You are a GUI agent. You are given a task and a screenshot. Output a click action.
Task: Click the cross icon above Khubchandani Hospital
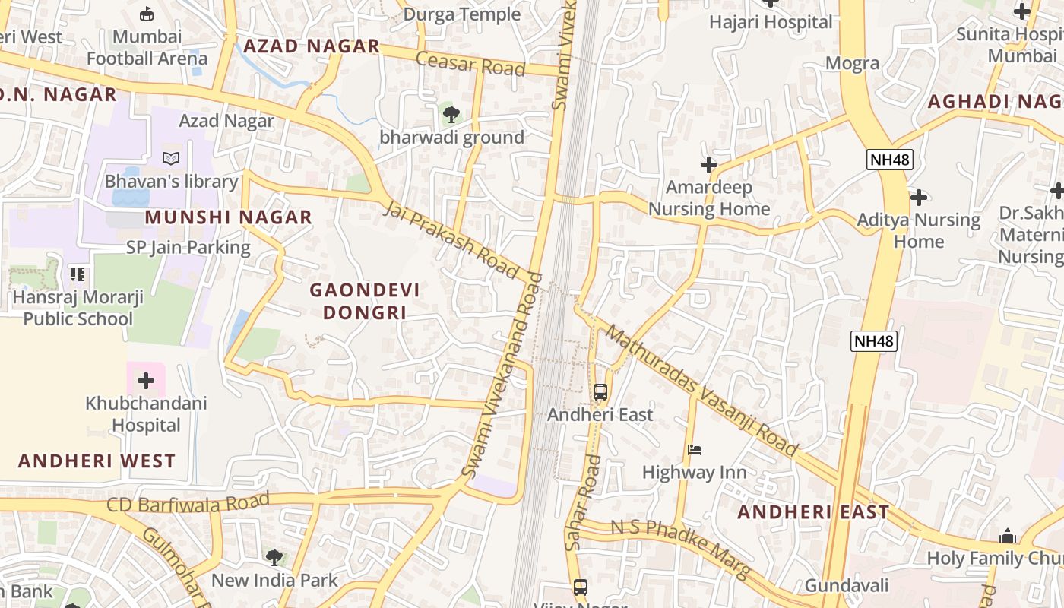[145, 381]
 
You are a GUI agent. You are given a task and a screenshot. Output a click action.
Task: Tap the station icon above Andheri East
[600, 392]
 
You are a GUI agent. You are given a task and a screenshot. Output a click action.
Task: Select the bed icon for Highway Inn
[695, 450]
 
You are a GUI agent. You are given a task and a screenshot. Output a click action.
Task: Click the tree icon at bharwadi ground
[451, 115]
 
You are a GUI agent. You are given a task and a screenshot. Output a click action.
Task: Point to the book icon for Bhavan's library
[172, 159]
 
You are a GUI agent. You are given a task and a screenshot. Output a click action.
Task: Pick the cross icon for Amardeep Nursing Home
[709, 165]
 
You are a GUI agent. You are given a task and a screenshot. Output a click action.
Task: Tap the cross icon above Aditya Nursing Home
[919, 198]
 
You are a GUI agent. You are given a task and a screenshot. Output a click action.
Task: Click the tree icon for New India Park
[274, 558]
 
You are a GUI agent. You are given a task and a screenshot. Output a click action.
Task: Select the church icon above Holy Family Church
[1008, 536]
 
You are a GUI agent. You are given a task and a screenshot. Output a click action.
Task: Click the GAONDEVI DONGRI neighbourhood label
[364, 301]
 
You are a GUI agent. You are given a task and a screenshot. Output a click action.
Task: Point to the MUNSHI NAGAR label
[229, 217]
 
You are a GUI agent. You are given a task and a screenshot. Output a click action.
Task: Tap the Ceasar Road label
[470, 64]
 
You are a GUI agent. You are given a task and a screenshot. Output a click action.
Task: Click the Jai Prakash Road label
[451, 239]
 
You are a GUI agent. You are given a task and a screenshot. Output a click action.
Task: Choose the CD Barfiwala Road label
[188, 503]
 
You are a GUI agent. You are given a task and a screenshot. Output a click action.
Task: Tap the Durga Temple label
[462, 14]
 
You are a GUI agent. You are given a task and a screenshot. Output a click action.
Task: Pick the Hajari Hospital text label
[771, 22]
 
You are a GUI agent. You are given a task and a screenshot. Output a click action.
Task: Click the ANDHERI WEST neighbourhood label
[97, 461]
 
